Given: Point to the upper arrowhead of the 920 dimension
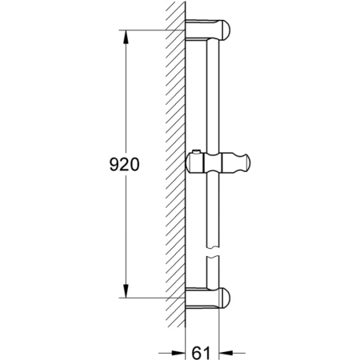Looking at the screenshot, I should tap(126, 37).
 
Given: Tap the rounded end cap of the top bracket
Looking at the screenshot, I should tap(230, 32).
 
